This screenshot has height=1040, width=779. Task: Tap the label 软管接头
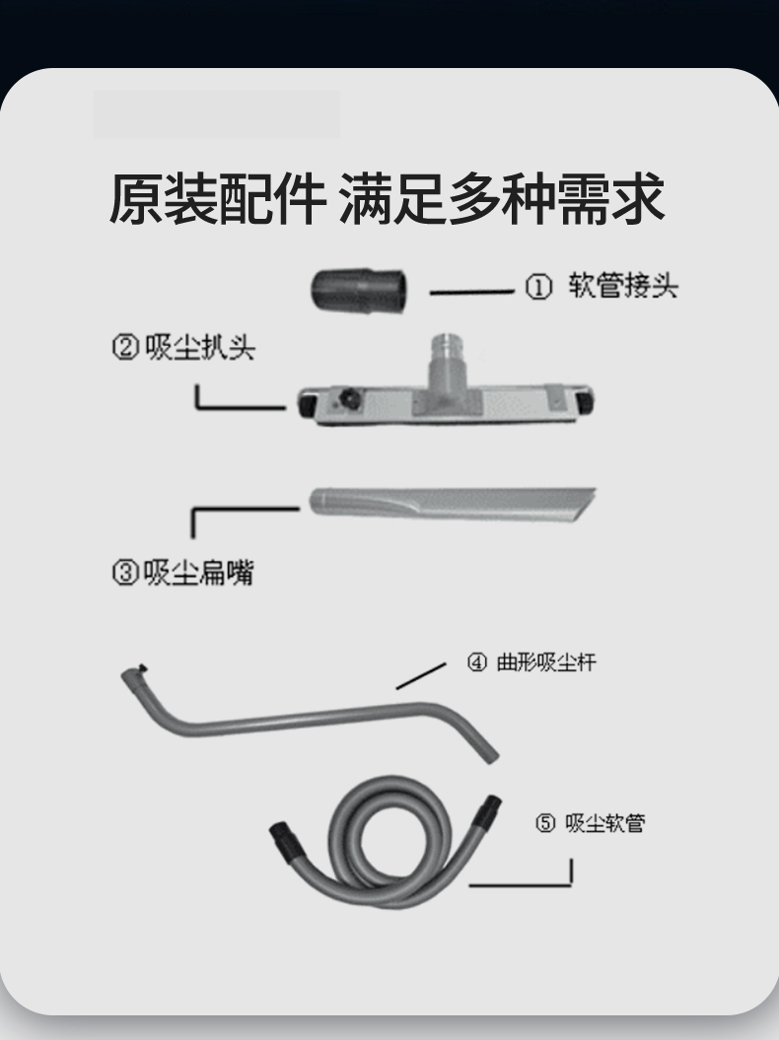tap(623, 287)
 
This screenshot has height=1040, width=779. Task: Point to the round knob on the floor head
tap(348, 400)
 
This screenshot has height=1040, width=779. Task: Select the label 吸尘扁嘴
tap(198, 573)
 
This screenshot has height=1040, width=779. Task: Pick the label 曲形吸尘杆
tap(545, 662)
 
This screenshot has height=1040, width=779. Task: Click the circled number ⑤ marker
tap(545, 824)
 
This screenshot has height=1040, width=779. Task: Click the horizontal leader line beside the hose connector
tap(472, 292)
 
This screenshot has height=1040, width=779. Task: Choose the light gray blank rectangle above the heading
tap(217, 114)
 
